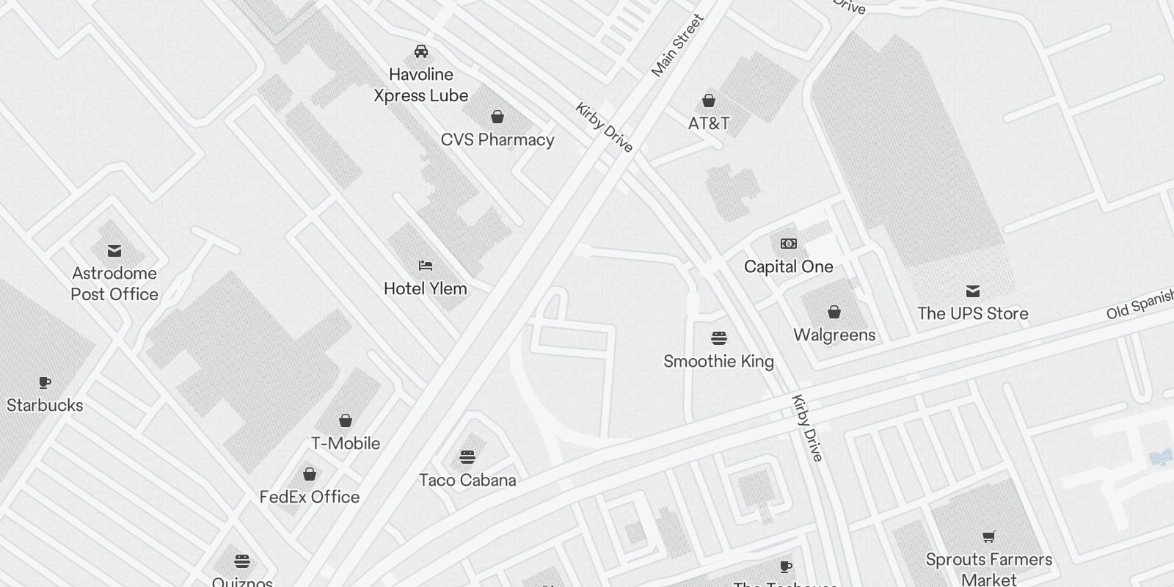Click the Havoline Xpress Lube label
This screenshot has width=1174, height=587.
click(x=420, y=85)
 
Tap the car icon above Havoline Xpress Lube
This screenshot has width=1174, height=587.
click(x=421, y=51)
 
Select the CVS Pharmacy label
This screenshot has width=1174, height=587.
click(x=497, y=140)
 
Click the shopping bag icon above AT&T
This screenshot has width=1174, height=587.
click(x=709, y=101)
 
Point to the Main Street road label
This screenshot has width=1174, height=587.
click(x=677, y=45)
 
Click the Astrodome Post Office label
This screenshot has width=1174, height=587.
click(x=114, y=284)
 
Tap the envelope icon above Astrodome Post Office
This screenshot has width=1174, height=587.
click(x=114, y=251)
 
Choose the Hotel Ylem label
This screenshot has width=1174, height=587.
click(x=426, y=289)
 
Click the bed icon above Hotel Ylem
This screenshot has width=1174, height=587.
click(x=426, y=265)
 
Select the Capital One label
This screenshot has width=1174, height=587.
click(x=789, y=267)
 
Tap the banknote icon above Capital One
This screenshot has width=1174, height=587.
click(x=789, y=244)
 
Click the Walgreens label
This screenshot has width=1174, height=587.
click(x=834, y=335)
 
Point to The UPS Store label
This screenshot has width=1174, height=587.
click(x=973, y=314)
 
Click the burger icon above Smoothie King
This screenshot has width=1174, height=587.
click(x=719, y=338)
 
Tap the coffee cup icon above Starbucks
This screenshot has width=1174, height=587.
click(x=45, y=382)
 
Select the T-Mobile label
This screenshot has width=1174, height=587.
click(x=346, y=444)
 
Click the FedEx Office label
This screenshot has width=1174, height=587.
click(x=310, y=497)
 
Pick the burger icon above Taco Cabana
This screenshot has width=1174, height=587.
click(x=467, y=457)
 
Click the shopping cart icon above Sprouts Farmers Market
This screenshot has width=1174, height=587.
click(x=989, y=536)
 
